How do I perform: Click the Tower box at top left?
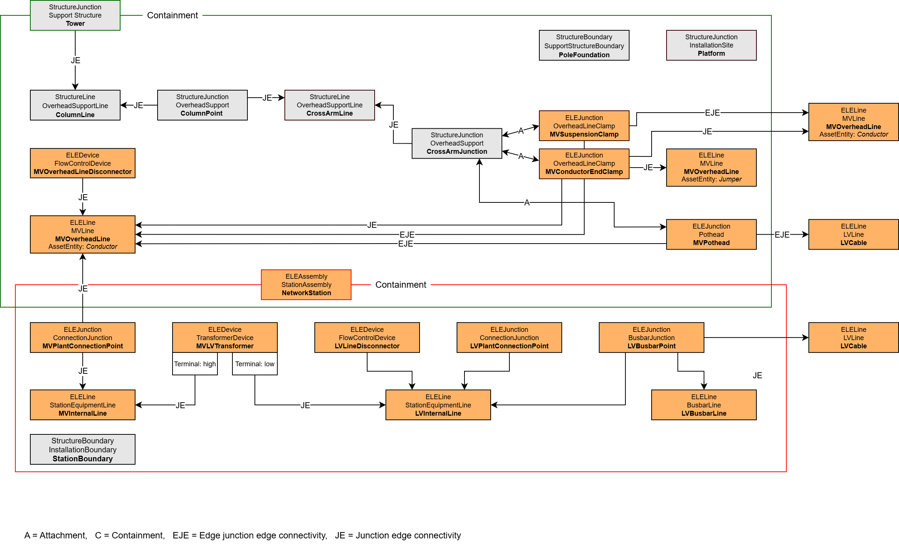(75, 15)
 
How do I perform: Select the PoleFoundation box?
(584, 45)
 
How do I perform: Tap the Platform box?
(711, 45)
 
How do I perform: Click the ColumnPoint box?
(202, 105)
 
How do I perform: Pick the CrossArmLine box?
(329, 105)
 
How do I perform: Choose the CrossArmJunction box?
(457, 143)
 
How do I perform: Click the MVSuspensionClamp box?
(584, 126)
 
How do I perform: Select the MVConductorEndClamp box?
(584, 164)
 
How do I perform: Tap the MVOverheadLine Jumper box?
(711, 167)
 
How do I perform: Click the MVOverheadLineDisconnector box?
(82, 163)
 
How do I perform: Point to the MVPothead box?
(711, 234)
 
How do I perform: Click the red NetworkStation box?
(306, 285)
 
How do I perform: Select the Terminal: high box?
(195, 364)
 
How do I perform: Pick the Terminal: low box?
(255, 364)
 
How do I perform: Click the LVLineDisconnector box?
(367, 337)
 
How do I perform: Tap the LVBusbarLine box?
(704, 405)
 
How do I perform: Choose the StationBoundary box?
(82, 449)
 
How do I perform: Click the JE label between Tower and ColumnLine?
(75, 60)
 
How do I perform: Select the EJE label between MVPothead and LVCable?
(782, 235)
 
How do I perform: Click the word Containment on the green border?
(172, 15)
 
